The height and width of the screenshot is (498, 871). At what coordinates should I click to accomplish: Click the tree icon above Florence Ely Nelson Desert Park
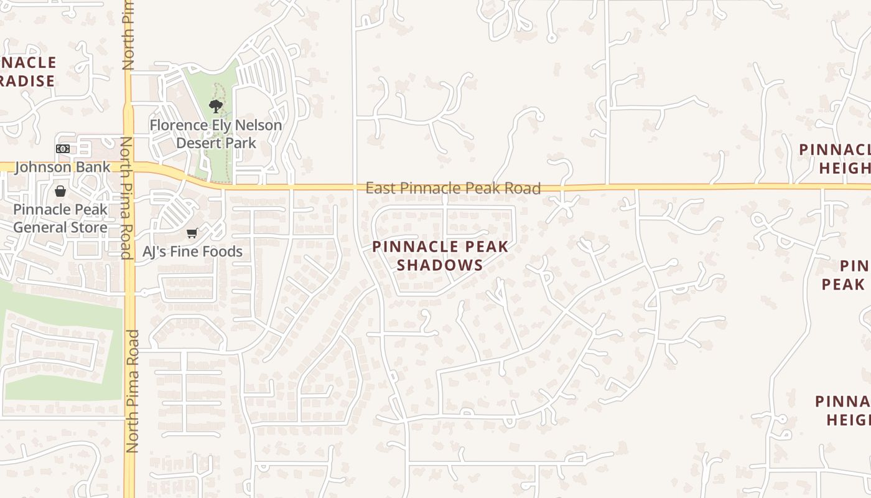[216, 106]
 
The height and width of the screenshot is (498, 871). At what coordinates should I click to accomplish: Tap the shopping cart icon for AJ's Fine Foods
[192, 233]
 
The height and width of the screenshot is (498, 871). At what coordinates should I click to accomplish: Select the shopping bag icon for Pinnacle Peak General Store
[60, 191]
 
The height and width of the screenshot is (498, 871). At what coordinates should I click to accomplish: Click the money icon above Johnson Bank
[62, 149]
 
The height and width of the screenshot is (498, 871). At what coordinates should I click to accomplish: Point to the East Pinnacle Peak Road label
[453, 188]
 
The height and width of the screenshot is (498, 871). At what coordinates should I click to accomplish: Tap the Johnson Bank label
[62, 167]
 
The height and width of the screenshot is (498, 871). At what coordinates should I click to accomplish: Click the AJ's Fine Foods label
[192, 251]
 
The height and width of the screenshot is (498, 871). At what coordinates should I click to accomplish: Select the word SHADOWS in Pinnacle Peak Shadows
[440, 265]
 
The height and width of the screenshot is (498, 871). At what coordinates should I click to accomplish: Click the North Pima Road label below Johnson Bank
[126, 198]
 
